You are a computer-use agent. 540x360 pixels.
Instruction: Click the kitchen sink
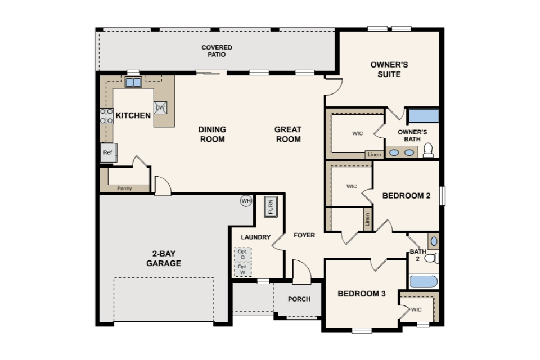tap(133, 82)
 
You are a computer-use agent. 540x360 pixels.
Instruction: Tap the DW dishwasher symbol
tap(160, 107)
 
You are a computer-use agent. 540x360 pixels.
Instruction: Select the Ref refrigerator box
tap(108, 152)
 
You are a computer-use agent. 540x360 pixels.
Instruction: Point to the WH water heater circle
tap(246, 200)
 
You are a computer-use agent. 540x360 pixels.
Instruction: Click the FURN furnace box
tap(271, 206)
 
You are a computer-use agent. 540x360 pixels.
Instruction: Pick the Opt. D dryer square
tap(243, 255)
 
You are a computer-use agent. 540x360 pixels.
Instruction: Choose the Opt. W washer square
tap(243, 269)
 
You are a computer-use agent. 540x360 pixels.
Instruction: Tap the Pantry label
tap(124, 188)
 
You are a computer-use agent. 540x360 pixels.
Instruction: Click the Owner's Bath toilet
tap(428, 150)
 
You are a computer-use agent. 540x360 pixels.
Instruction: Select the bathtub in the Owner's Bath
tap(424, 116)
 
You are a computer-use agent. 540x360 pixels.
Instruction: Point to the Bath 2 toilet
tap(432, 258)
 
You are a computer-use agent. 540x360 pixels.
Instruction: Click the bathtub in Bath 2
tap(424, 281)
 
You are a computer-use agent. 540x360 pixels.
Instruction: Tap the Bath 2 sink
tap(434, 241)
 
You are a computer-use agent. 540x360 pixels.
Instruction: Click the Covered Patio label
tap(217, 51)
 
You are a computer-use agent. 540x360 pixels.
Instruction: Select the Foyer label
tap(304, 235)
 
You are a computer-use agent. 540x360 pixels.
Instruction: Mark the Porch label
tap(299, 299)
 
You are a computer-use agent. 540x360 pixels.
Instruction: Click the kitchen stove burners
tap(106, 116)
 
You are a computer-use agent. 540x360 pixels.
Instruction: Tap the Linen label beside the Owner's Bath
tap(375, 154)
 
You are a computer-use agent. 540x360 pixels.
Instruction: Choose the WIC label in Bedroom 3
tap(416, 309)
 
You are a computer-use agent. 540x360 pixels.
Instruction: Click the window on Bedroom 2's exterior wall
tap(443, 196)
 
